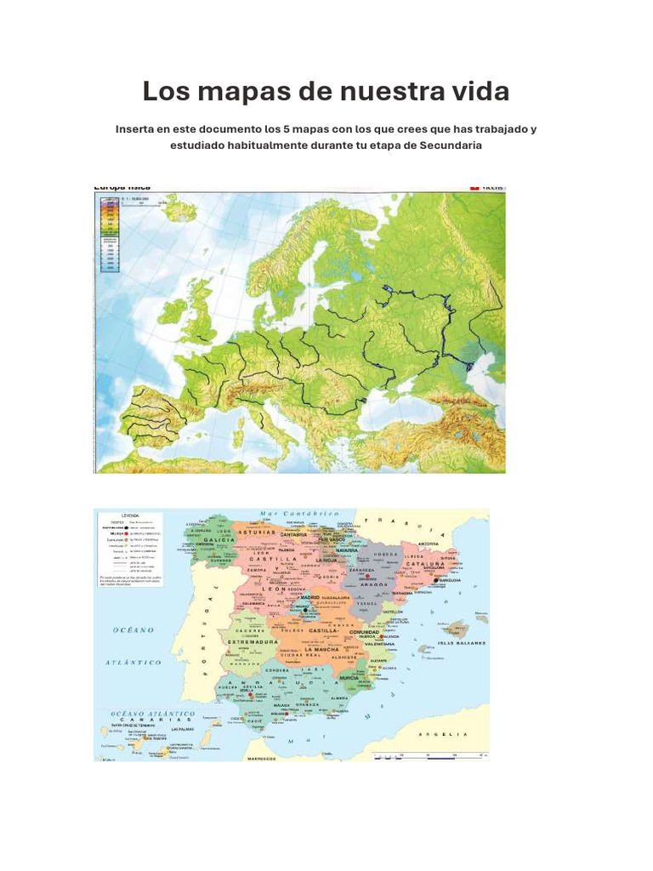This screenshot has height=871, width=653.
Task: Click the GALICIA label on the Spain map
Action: (219, 540)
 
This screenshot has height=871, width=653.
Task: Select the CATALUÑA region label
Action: (424, 564)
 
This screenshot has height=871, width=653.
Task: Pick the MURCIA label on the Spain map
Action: (349, 678)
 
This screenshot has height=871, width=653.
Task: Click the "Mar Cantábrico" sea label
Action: (300, 515)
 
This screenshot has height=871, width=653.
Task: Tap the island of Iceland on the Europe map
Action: (176, 205)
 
